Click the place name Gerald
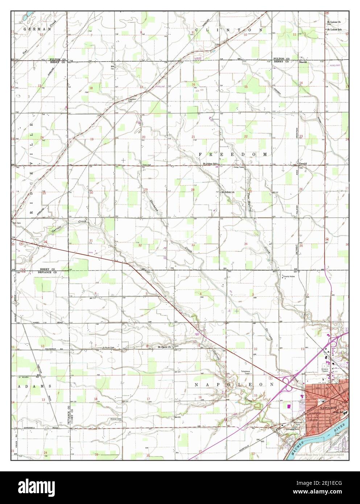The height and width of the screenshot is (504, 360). [303, 164]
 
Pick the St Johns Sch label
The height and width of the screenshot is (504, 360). [209, 164]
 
